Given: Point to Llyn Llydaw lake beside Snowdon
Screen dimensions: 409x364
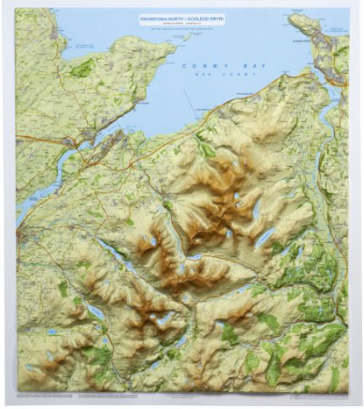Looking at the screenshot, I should [165, 319].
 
